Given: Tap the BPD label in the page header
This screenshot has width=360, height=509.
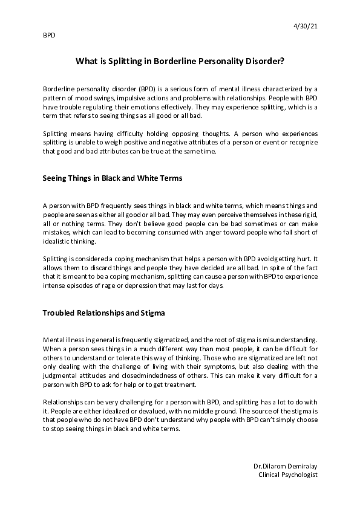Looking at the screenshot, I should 49,35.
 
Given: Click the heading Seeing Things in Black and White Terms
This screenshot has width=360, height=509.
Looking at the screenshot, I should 112,178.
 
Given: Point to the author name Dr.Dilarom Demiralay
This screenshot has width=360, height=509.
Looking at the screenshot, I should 285,466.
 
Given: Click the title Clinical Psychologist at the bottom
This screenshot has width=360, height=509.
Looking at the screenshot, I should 287,475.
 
